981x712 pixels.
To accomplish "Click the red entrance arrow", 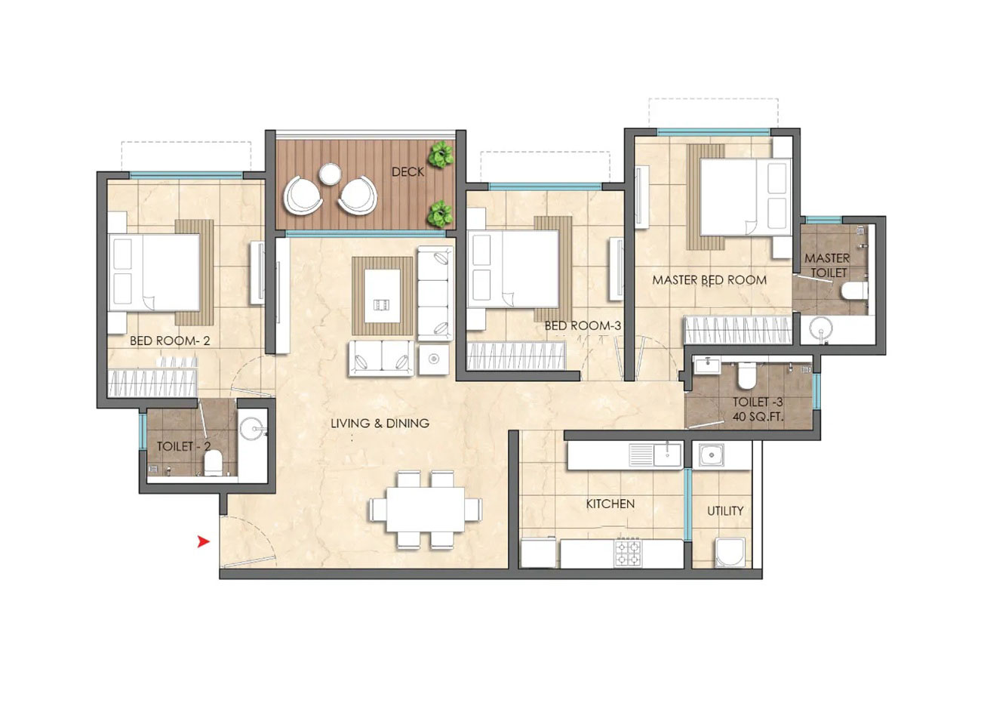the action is coord(203,542).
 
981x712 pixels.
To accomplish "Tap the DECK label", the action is coord(407,172).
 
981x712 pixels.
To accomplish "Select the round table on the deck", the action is coord(331,174).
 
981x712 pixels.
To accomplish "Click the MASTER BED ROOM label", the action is coord(709,280).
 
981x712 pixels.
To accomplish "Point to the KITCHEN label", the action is coord(610,504).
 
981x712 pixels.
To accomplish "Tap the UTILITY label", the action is coord(725,511).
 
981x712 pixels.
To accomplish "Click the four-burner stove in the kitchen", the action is coord(627,553).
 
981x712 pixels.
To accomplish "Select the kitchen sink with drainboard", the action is coord(655,455).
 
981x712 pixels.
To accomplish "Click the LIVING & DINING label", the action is coord(380,424).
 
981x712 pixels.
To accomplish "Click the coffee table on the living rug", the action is coord(383,296).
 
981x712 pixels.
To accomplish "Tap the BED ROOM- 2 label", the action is coord(170,341).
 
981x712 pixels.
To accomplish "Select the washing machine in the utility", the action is coord(730,553).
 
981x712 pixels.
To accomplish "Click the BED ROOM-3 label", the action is coord(583,325).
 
